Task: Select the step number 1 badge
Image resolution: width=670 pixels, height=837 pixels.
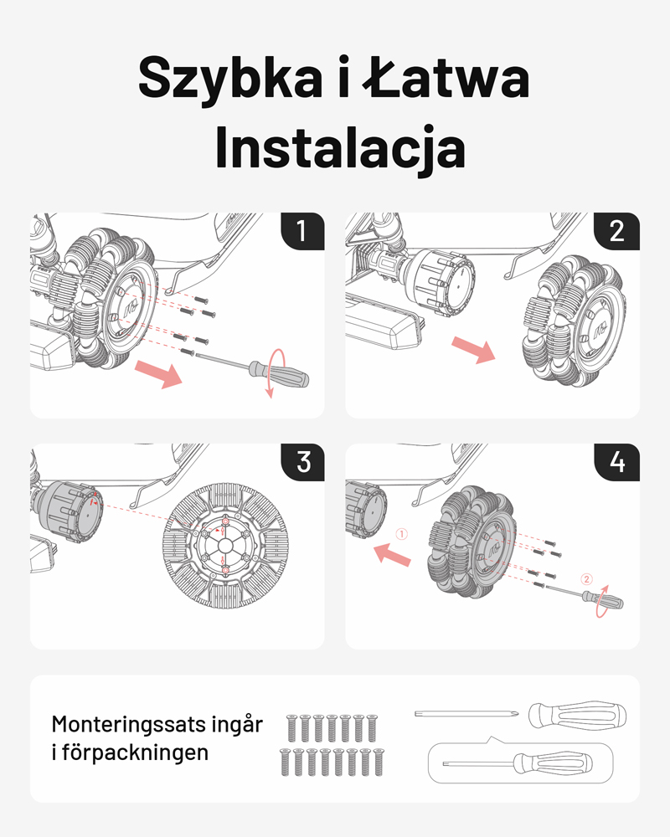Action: coord(302,230)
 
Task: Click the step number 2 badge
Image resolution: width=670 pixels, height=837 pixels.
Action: coord(617,230)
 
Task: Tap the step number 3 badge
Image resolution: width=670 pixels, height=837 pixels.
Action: coord(302,461)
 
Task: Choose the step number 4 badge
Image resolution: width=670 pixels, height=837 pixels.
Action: coord(617,461)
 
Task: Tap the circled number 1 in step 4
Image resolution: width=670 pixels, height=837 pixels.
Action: coord(401,532)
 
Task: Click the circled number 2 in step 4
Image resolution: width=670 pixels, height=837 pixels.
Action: coord(586,578)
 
